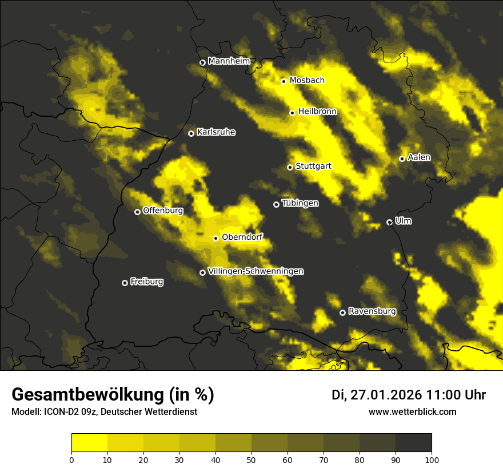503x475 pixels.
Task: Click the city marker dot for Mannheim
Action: [202, 63]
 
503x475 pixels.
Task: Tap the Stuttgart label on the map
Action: [313, 166]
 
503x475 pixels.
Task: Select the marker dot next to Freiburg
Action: [125, 283]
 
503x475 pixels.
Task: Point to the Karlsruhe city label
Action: [215, 132]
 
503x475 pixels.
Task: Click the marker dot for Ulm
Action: [389, 222]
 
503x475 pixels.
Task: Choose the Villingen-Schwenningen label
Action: [256, 271]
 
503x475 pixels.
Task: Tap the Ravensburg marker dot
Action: [342, 312]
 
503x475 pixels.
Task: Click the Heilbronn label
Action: [317, 112]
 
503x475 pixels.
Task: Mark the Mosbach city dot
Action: [284, 81]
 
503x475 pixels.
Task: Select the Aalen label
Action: [419, 157]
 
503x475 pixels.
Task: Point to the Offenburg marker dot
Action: [137, 212]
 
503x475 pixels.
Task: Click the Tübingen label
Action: [300, 203]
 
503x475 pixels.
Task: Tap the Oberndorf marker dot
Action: [215, 238]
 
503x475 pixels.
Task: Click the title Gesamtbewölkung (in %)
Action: [113, 395]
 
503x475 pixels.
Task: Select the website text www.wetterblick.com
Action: [412, 411]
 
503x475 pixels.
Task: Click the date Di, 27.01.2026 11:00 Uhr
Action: [408, 395]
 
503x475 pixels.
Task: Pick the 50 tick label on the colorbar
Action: [251, 459]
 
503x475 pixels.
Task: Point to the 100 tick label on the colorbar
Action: [431, 459]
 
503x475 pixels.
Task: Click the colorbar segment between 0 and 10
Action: [90, 443]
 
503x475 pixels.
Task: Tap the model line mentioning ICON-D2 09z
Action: [104, 411]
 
